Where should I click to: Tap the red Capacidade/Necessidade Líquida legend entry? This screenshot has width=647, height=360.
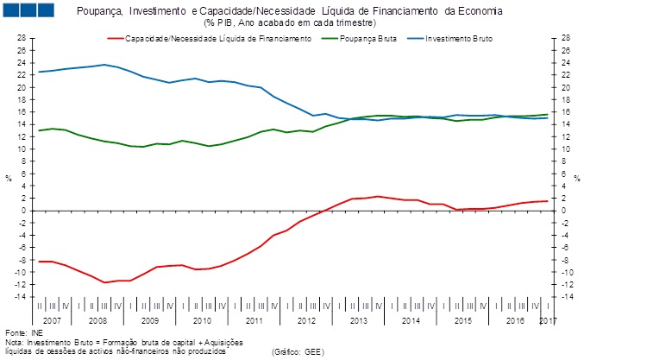coord(217,40)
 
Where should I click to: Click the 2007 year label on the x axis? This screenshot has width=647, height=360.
coord(52,320)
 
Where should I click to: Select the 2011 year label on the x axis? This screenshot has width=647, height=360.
coord(254,320)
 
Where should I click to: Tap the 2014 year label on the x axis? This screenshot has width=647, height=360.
coord(411,320)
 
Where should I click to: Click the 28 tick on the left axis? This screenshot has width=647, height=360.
coord(22,38)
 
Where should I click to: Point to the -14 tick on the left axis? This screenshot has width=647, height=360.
coord(20,296)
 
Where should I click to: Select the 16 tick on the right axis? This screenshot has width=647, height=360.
coord(565,112)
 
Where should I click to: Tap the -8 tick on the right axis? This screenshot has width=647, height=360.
coord(565,260)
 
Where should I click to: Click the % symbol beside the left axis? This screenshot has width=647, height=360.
coord(9,179)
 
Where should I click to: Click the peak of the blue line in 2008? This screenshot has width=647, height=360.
coord(104,65)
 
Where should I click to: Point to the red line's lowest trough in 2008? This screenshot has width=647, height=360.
coord(104,282)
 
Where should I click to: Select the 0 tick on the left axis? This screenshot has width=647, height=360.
coord(23,211)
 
